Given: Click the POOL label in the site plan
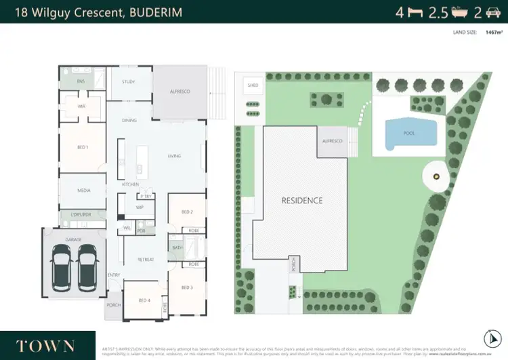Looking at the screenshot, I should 408,133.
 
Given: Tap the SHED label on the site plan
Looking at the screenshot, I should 253,85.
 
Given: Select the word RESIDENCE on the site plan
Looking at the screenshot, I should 302,201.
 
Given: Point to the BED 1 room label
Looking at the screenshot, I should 82,147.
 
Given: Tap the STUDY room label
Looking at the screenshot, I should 128,81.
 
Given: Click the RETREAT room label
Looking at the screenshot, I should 146,259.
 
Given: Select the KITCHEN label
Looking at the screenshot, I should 130,184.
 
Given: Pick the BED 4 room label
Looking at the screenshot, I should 144,300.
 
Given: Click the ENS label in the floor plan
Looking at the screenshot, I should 81,81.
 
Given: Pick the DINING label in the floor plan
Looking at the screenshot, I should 129,121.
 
